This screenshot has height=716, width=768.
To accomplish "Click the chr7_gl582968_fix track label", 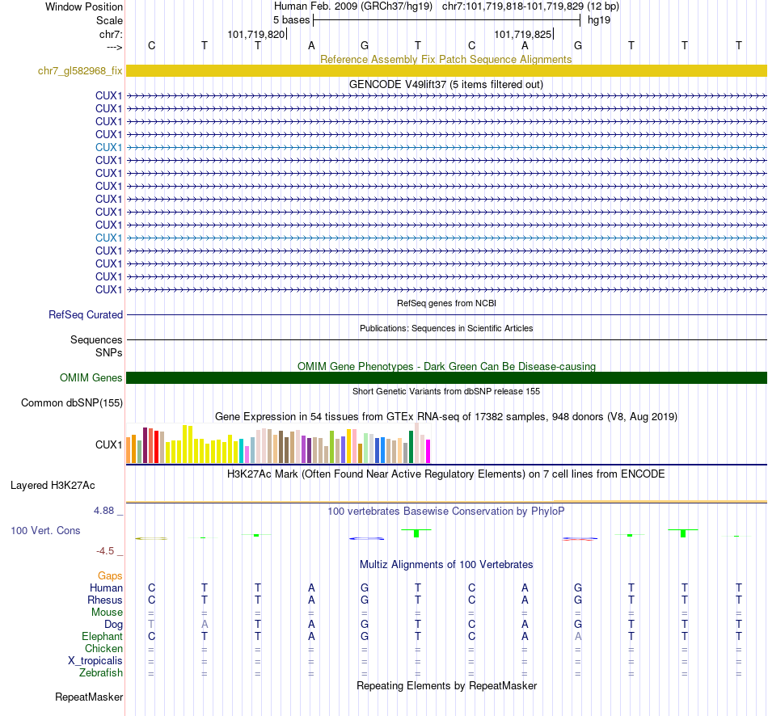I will pyautogui.click(x=80, y=71).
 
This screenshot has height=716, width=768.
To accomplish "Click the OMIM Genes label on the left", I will pyautogui.click(x=91, y=378).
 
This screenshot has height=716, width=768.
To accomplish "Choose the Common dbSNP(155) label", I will pyautogui.click(x=72, y=402).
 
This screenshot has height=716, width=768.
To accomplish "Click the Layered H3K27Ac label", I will pyautogui.click(x=53, y=486).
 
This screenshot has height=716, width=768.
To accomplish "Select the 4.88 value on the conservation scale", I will pyautogui.click(x=105, y=511).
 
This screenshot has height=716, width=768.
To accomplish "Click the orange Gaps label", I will pyautogui.click(x=110, y=575).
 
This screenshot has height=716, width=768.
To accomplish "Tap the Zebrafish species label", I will pyautogui.click(x=101, y=673).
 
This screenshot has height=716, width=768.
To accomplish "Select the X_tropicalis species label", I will pyautogui.click(x=95, y=661).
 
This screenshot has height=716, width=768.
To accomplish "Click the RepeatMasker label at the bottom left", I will pyautogui.click(x=89, y=697).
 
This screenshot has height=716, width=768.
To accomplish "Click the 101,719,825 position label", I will pyautogui.click(x=522, y=35).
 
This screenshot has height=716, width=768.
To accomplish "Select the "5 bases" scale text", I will pyautogui.click(x=291, y=19).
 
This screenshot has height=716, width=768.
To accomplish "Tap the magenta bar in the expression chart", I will pyautogui.click(x=428, y=451).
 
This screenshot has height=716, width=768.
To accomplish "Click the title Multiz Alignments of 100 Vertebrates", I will pyautogui.click(x=446, y=564).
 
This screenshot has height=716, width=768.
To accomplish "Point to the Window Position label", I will pyautogui.click(x=84, y=6).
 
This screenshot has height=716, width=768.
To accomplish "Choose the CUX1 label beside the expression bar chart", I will pyautogui.click(x=108, y=444).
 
